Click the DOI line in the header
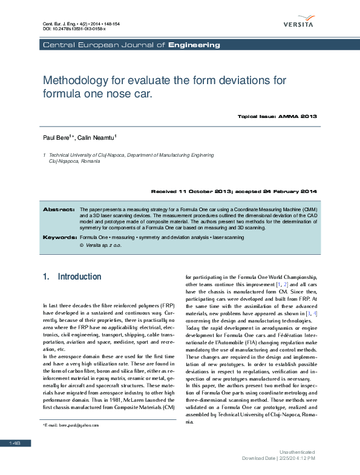[74, 28]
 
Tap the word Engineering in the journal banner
[194, 45]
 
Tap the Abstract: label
[58, 209]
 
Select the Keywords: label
[59, 238]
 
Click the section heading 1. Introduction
[72, 277]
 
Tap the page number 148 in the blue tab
[15, 444]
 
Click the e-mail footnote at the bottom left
[70, 425]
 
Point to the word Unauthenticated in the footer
[297, 451]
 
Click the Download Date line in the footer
[278, 458]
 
